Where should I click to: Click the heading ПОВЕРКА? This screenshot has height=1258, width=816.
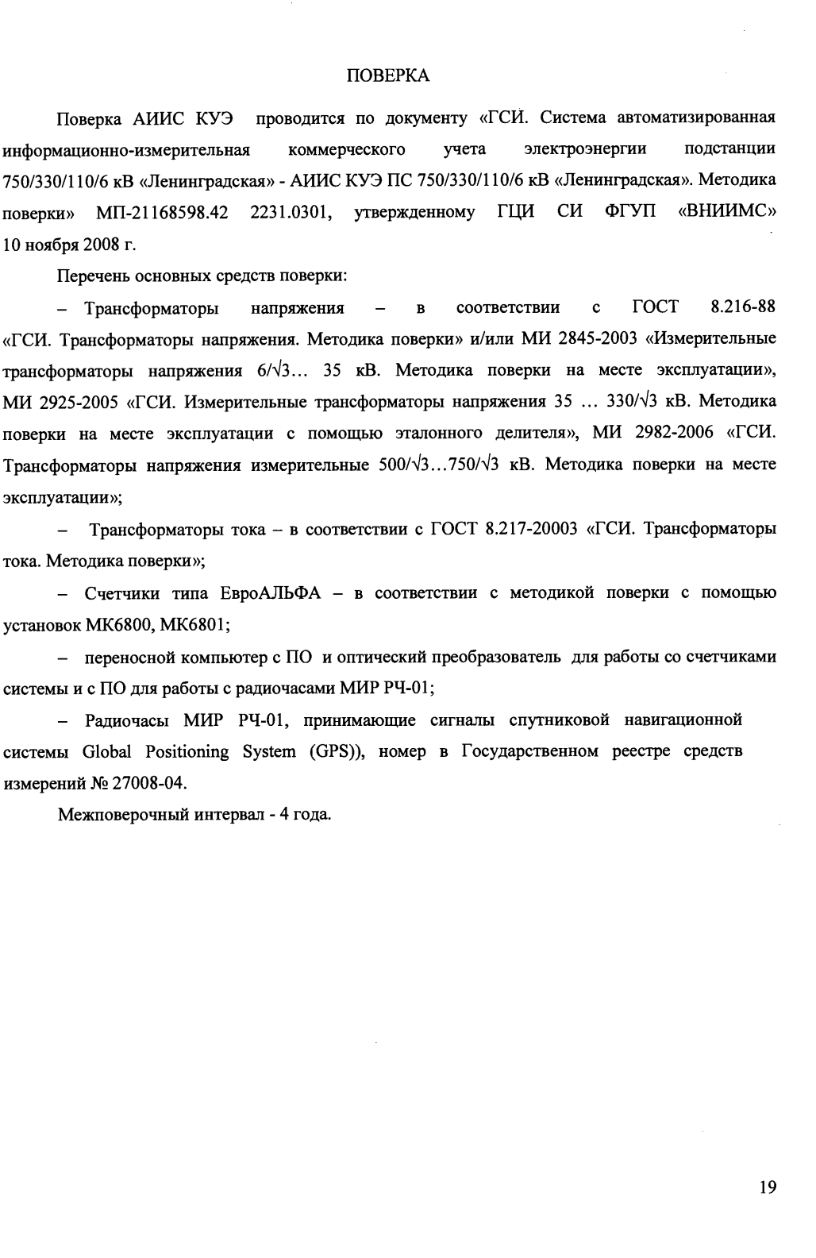390,76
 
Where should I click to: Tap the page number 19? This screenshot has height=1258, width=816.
768,1187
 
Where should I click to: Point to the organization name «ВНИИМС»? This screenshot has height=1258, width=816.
727,213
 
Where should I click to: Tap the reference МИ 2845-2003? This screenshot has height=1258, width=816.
580,339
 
